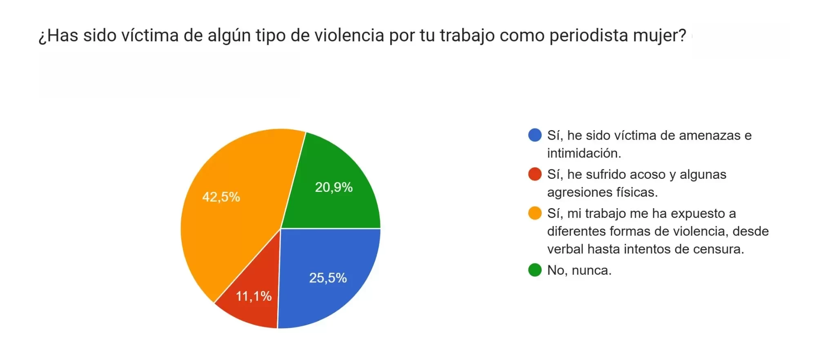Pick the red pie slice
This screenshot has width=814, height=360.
(x=249, y=310)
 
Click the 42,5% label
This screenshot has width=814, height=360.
(x=221, y=197)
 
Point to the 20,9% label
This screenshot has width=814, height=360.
(x=334, y=187)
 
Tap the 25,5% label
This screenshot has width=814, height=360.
(x=328, y=278)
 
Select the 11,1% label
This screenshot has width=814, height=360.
(x=254, y=296)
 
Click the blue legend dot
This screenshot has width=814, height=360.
(x=534, y=135)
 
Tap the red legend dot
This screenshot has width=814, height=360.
(x=534, y=174)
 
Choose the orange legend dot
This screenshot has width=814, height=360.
(x=534, y=213)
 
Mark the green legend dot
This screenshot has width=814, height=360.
(x=534, y=270)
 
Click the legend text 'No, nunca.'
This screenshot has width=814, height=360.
(x=579, y=270)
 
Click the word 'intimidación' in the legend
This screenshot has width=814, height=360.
(x=583, y=153)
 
